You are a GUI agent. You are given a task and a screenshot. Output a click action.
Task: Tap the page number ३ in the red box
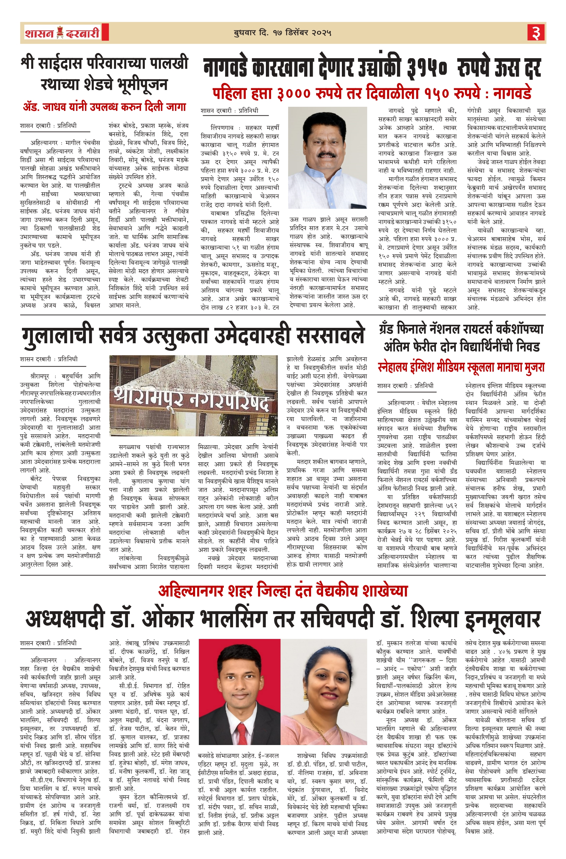(536, 33)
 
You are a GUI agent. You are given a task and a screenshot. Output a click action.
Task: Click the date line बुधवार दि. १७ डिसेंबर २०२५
(282, 33)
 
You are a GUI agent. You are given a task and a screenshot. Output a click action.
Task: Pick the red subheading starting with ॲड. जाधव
(104, 107)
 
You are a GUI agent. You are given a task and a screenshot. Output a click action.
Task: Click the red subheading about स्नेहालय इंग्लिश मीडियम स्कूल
(461, 368)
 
